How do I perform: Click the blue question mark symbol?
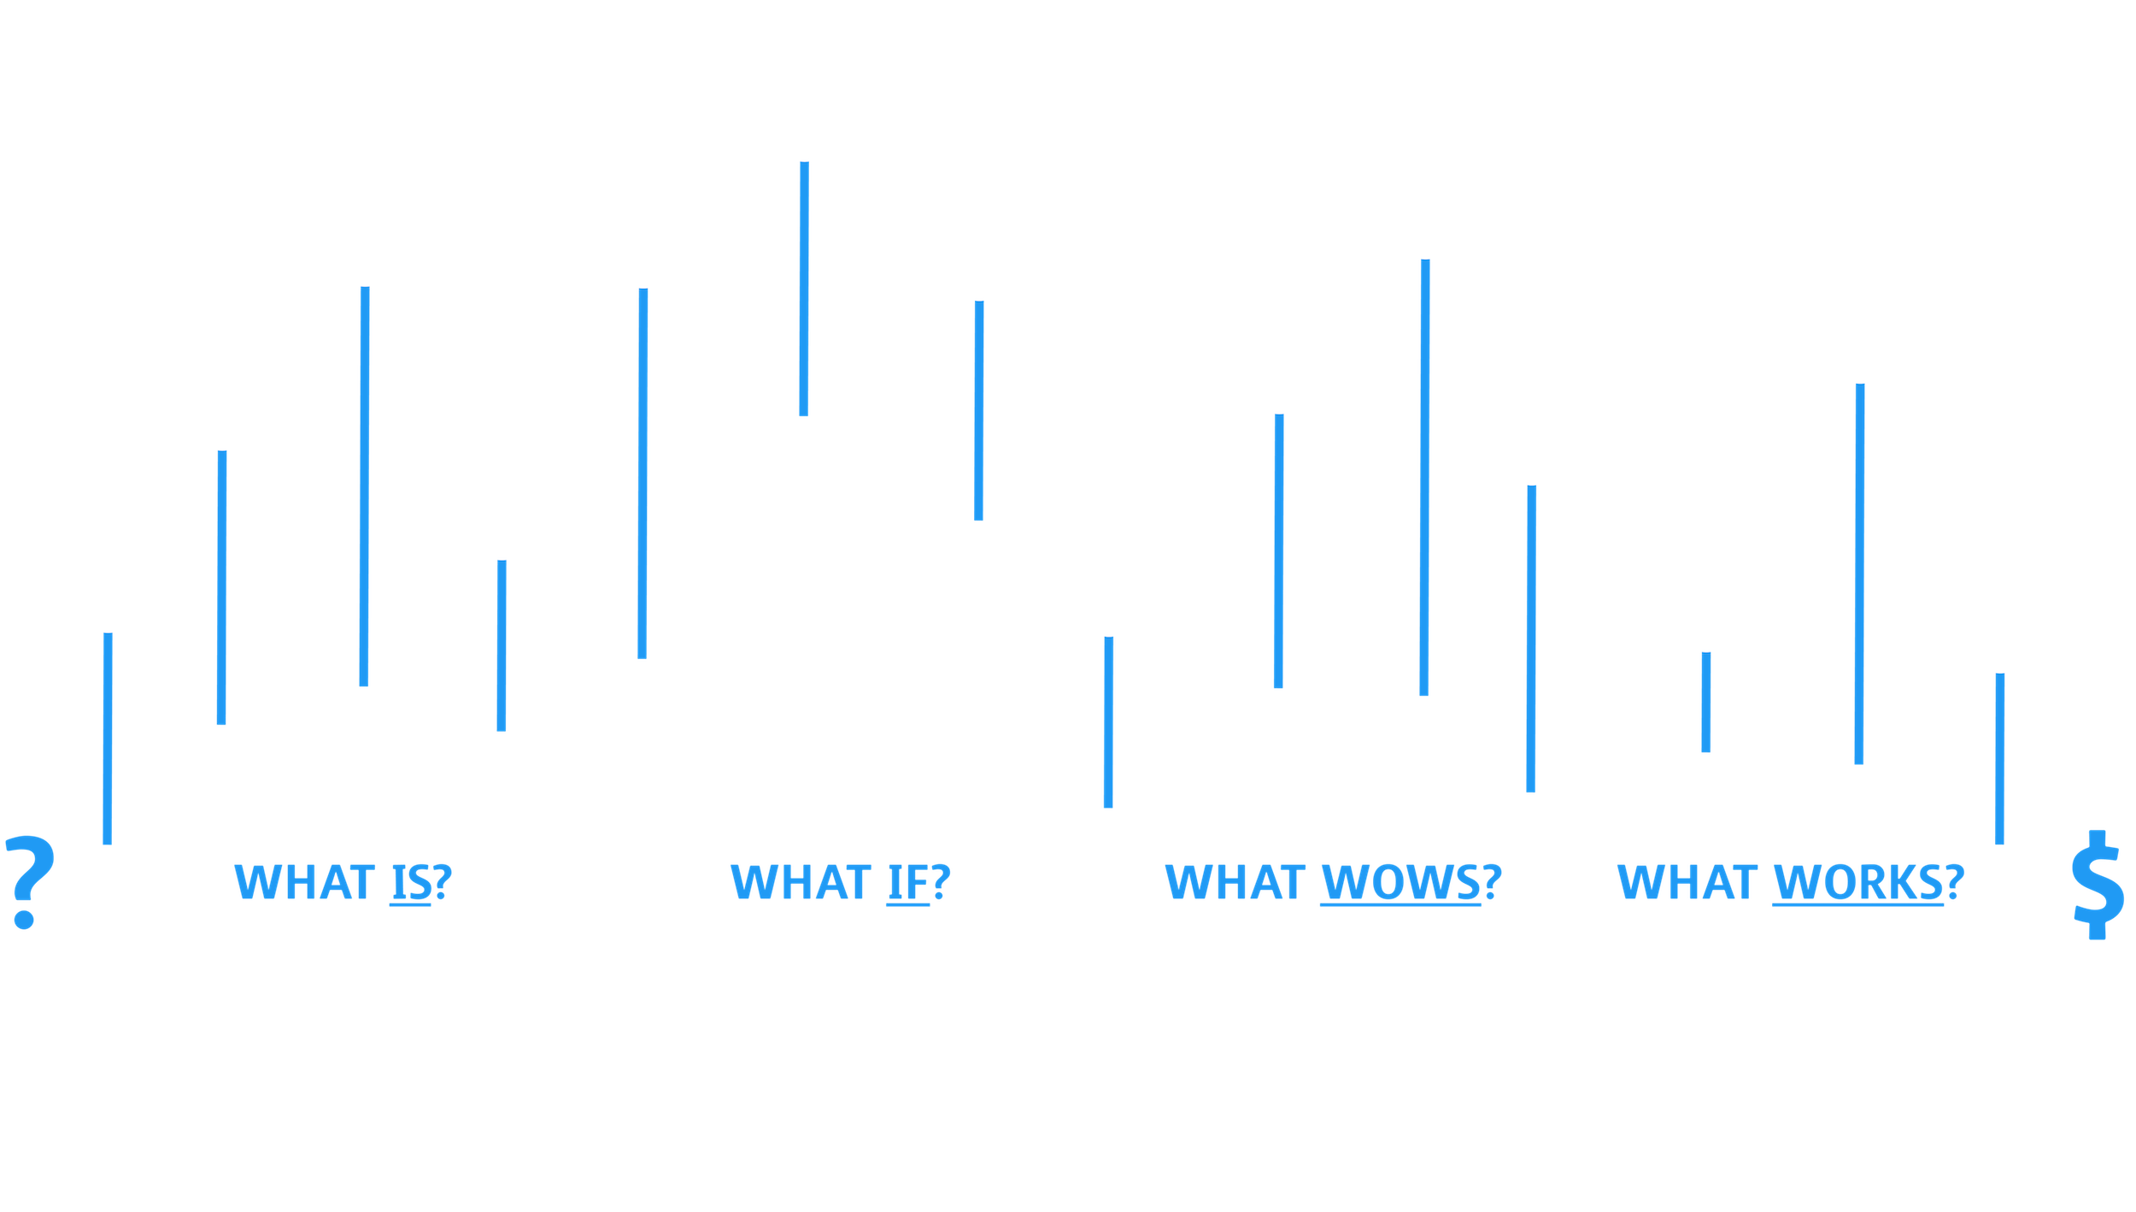[x=29, y=882]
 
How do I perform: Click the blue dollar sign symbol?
[x=2097, y=885]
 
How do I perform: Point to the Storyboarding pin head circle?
[x=1425, y=240]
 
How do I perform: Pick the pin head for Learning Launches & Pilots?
[x=1860, y=365]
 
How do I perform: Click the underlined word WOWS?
[x=1410, y=882]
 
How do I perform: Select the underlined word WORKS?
[x=1868, y=882]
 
